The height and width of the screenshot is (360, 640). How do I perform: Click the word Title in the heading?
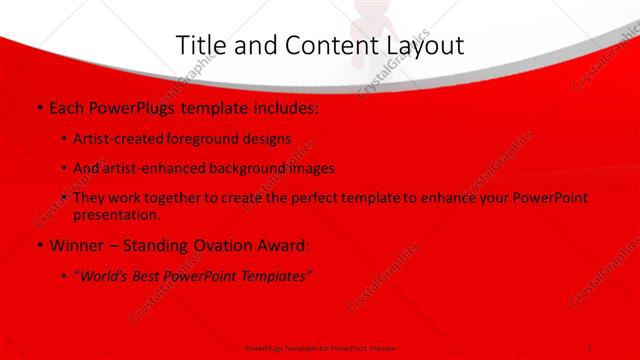(x=199, y=45)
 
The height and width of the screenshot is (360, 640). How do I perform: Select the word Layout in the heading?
(x=420, y=45)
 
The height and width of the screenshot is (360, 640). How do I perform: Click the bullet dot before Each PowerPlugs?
(x=38, y=106)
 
